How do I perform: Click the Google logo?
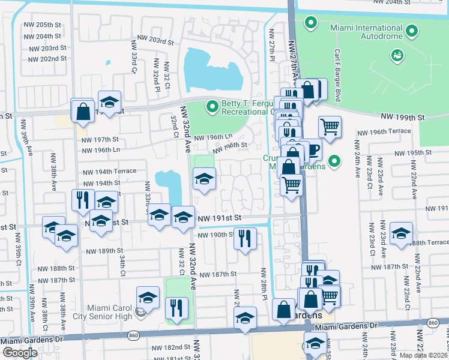[x=20, y=352]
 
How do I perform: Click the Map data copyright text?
[x=424, y=355]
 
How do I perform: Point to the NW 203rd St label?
[x=154, y=42]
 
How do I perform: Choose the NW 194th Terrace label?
[x=109, y=171]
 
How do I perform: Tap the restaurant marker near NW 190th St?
[x=245, y=238]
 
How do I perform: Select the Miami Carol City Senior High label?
[x=100, y=312]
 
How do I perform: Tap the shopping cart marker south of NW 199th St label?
[x=330, y=127]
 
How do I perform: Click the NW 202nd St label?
[x=45, y=59]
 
